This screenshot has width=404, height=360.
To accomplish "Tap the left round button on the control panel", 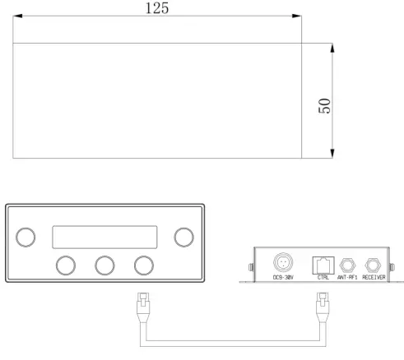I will click(26, 237).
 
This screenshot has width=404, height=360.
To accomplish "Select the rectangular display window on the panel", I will click(104, 237).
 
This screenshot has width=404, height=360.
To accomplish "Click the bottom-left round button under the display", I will click(66, 265).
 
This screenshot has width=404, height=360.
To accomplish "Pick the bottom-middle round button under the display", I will click(104, 265).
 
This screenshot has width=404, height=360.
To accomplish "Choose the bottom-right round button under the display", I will click(144, 265).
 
